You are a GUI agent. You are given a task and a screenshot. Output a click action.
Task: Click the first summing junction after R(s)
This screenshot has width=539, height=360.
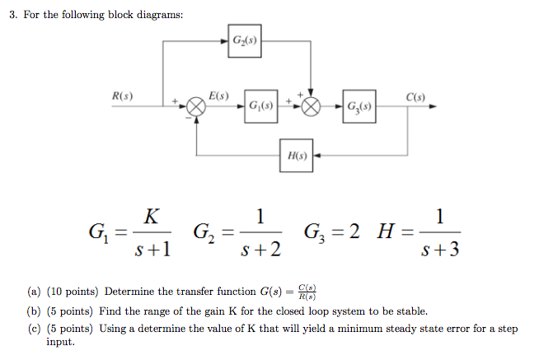click(x=195, y=107)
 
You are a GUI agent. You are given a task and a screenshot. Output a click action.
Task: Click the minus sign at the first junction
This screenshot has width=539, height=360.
click(x=186, y=119)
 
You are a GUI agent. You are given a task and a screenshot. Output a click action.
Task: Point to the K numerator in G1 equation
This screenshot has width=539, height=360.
click(x=151, y=217)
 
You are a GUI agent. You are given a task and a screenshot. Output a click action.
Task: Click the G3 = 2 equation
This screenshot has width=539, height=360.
click(x=333, y=233)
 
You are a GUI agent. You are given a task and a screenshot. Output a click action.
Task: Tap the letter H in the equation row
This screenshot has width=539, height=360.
click(x=385, y=233)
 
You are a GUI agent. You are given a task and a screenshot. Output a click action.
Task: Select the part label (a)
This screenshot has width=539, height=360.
click(x=34, y=292)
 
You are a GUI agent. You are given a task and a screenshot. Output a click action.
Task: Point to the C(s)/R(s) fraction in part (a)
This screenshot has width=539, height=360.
click(x=307, y=292)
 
